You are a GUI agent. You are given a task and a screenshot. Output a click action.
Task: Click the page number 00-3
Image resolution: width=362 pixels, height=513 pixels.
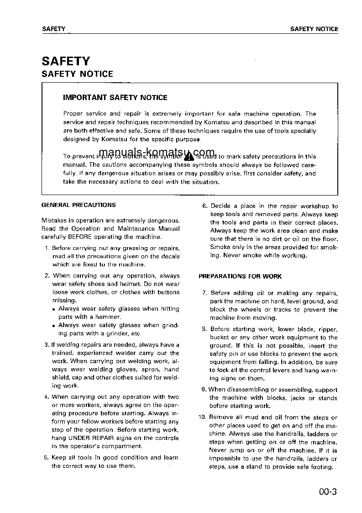(x=328, y=492)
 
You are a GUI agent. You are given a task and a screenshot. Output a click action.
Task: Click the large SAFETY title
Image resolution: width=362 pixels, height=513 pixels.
(x=66, y=61)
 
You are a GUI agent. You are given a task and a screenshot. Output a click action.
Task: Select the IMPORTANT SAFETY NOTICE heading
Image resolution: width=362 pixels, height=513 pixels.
(x=115, y=97)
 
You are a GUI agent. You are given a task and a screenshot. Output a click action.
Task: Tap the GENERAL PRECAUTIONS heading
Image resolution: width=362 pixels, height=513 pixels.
(x=79, y=205)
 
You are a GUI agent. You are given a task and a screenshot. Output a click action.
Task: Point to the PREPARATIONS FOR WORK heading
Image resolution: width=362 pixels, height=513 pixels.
(x=240, y=276)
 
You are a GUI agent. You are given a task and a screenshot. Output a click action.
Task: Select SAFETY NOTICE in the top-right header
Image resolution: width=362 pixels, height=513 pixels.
(x=314, y=29)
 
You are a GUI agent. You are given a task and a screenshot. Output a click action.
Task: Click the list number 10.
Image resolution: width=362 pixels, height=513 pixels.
(x=202, y=417)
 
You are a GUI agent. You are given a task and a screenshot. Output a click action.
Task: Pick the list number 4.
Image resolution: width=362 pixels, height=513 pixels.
(x=47, y=397)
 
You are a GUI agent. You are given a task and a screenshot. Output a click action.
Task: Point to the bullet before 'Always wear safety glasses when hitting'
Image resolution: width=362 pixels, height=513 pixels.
(x=54, y=309)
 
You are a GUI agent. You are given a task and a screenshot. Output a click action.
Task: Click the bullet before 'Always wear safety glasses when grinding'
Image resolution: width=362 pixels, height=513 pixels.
(x=54, y=326)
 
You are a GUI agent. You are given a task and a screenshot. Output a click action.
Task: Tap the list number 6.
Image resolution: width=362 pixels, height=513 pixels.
(x=205, y=206)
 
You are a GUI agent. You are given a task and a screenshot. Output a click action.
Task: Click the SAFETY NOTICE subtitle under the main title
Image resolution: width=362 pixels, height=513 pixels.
(x=77, y=74)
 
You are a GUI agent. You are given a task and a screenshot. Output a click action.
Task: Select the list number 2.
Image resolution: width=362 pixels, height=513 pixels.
(x=47, y=276)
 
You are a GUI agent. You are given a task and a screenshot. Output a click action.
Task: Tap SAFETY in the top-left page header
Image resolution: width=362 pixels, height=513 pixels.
(x=53, y=29)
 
